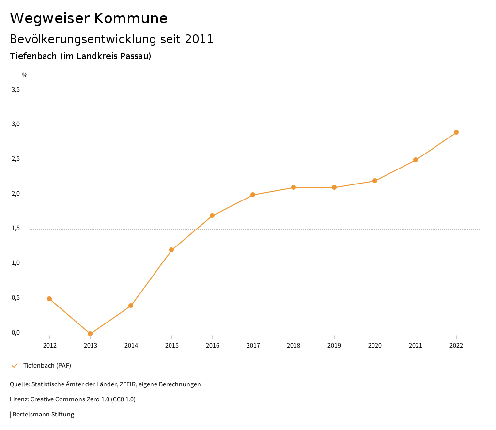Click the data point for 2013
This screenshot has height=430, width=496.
pos(90,334)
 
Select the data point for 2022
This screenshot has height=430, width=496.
pos(456,132)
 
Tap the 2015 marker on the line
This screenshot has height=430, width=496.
pos(171,250)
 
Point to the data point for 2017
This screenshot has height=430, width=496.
pos(253,195)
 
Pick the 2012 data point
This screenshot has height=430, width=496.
pos(49,299)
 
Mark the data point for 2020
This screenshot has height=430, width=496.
pos(375,181)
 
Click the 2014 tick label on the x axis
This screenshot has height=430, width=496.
pos(131,346)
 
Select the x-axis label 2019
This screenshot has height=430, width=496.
pos(334,346)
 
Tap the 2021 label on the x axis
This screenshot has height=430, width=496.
pos(416,346)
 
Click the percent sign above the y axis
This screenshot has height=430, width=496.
pos(25,75)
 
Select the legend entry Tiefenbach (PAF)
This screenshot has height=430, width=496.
pos(47,365)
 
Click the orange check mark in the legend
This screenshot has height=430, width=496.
pos(15,365)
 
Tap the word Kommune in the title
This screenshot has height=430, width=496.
pos(131,18)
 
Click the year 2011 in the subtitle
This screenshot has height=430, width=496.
pos(199,39)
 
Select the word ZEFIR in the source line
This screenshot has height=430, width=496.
pos(127,384)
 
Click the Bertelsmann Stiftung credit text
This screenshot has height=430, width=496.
pos(43,415)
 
